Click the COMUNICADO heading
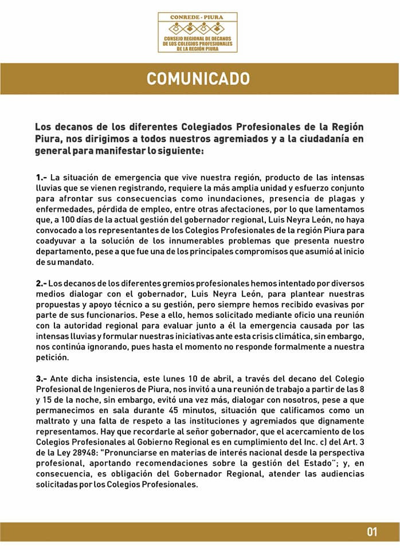198,78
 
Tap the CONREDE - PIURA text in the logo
197,17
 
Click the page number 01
372,532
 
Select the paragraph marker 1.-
41,178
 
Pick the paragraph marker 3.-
41,379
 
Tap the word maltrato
54,421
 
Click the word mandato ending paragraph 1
72,262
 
